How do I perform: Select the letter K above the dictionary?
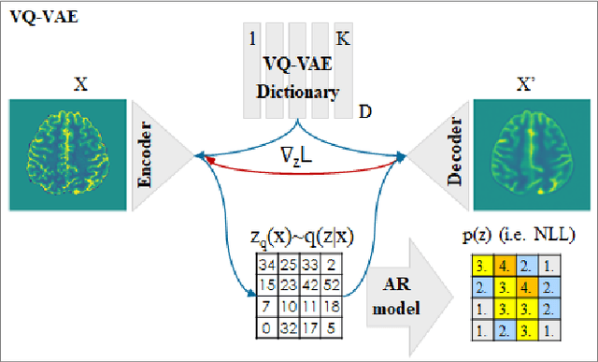pos(343,39)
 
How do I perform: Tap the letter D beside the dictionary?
pos(366,111)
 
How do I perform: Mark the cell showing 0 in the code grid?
pos(265,327)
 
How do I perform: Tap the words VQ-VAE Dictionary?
pos(298,83)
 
